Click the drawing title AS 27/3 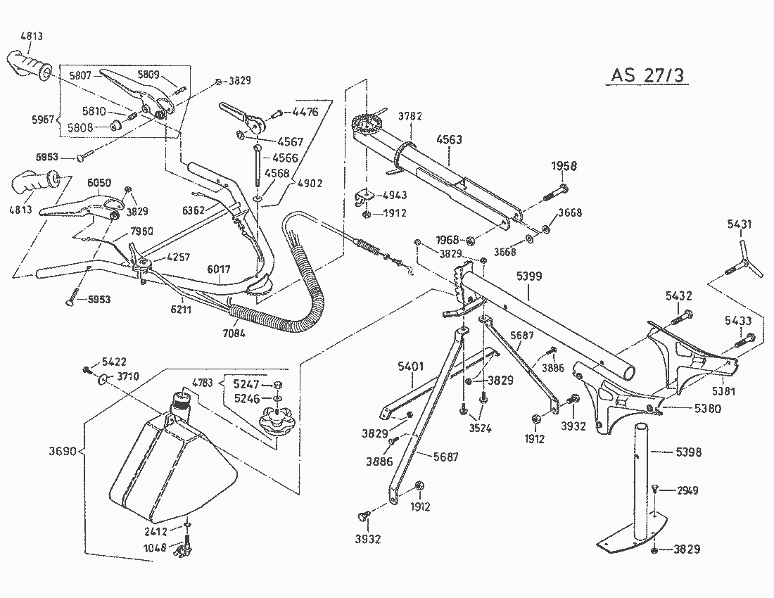[x=646, y=76]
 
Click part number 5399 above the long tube [x=529, y=276]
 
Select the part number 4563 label [x=449, y=139]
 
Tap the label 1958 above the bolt [x=563, y=167]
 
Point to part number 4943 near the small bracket [x=395, y=195]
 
